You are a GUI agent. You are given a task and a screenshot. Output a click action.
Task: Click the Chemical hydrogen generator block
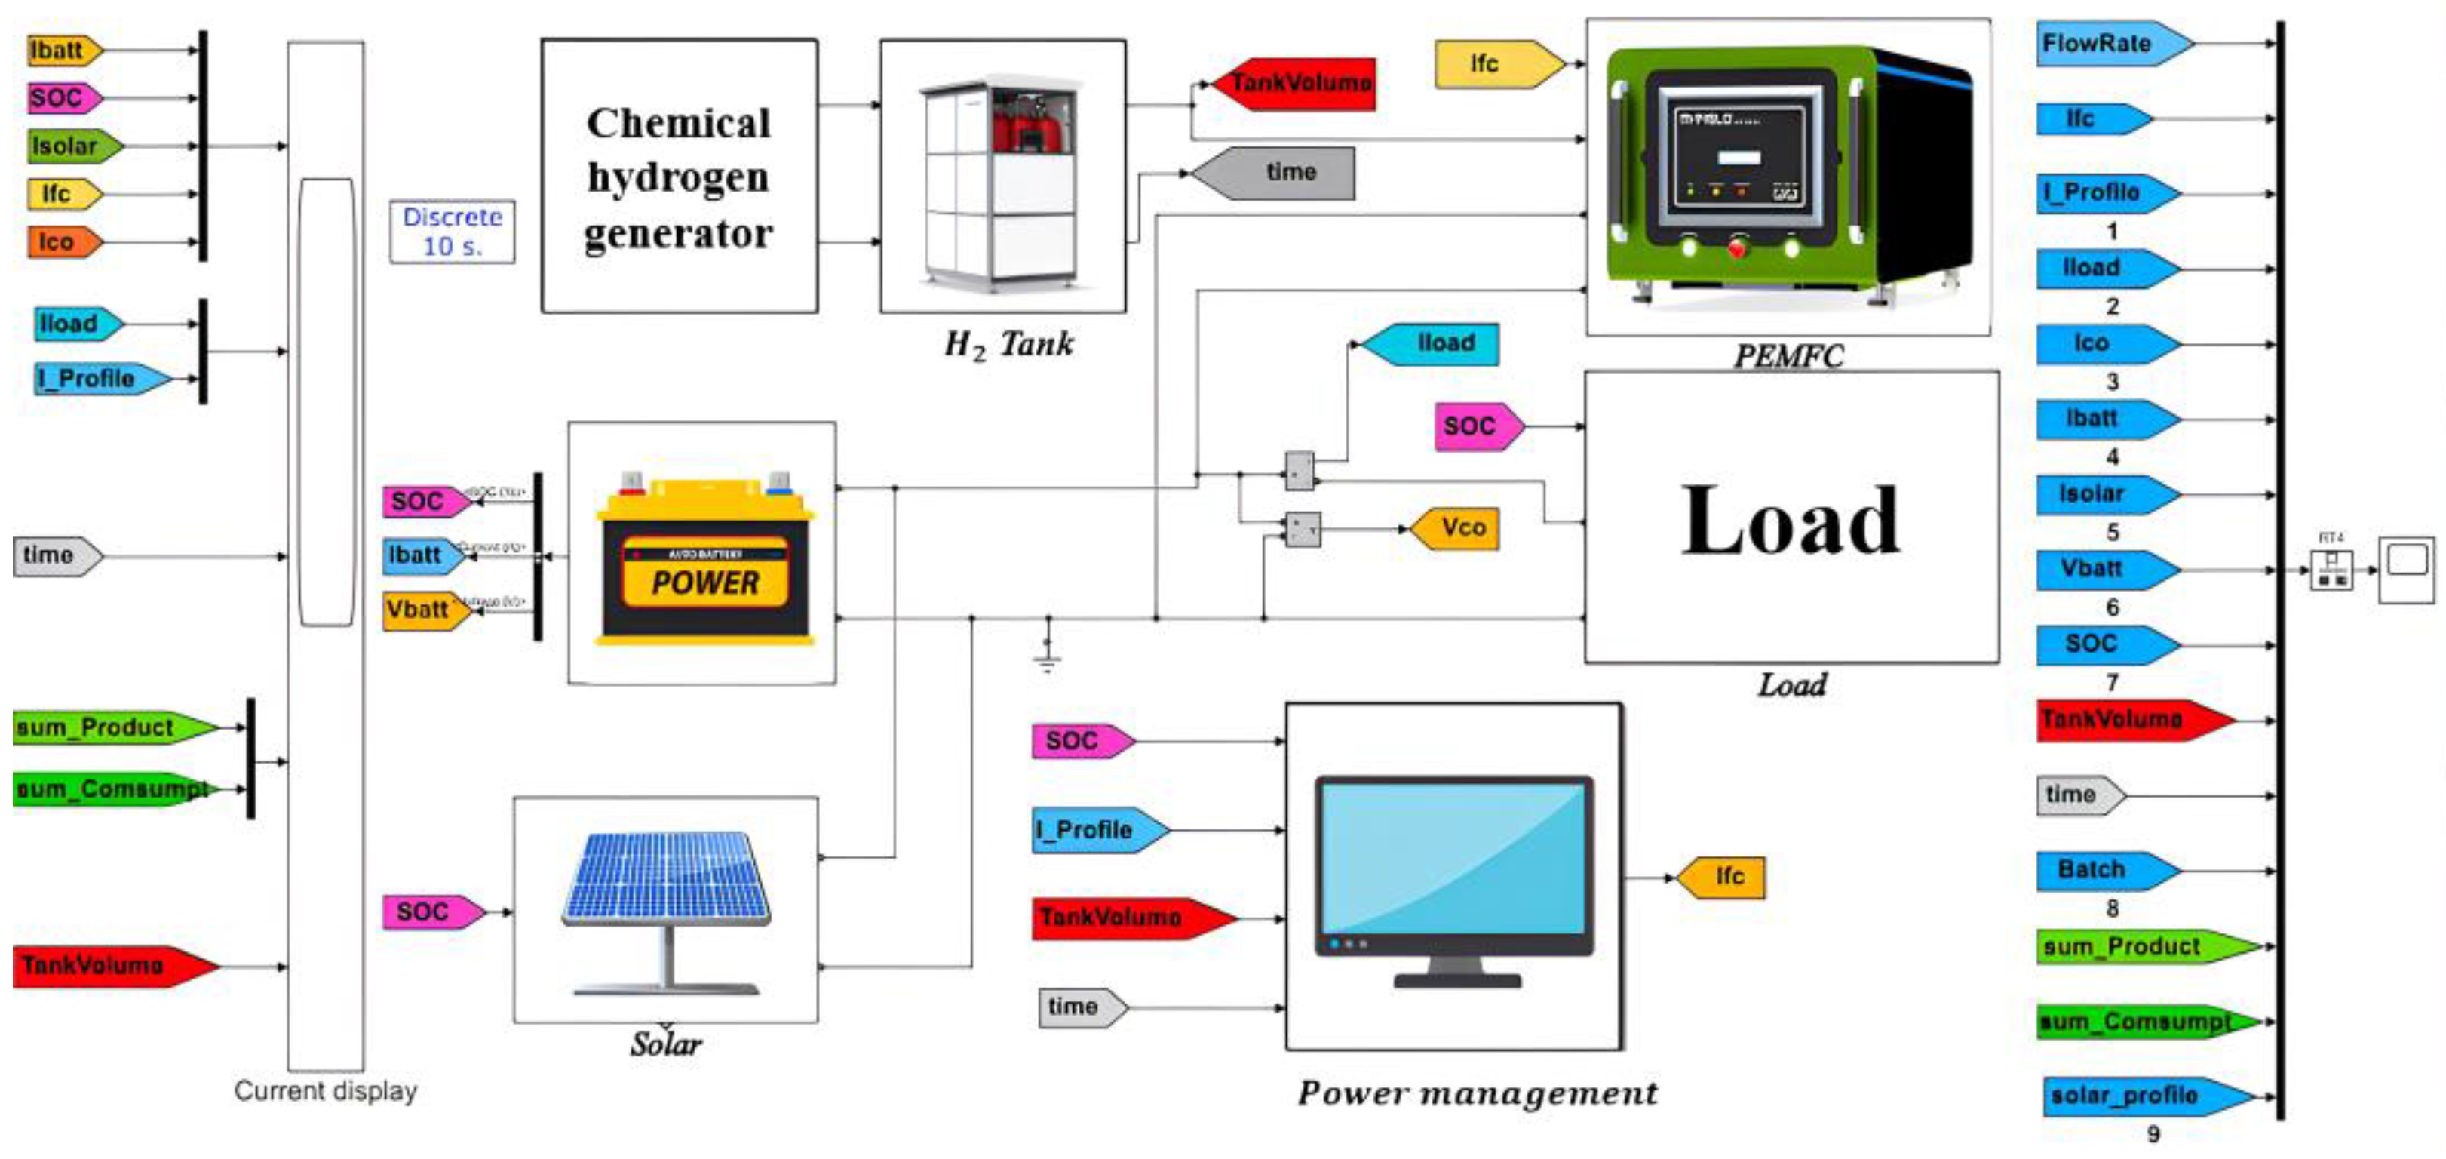click(679, 177)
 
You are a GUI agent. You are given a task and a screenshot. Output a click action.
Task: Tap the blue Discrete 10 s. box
click(452, 232)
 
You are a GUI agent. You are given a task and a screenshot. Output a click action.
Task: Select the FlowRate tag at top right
click(2110, 44)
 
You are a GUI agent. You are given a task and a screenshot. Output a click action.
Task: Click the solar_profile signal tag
click(2141, 1096)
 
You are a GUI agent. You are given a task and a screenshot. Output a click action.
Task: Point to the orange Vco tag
click(1456, 528)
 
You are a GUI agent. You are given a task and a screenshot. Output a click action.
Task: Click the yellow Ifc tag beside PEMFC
click(1493, 65)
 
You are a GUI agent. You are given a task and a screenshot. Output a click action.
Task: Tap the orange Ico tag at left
click(61, 242)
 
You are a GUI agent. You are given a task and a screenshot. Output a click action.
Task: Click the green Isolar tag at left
click(70, 146)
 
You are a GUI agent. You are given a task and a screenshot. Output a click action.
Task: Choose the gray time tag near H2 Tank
click(1277, 173)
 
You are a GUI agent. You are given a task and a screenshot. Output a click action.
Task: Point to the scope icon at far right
click(2406, 569)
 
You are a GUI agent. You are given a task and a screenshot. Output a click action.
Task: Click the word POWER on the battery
click(704, 583)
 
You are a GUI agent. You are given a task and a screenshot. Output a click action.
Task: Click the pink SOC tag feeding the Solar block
click(429, 912)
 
